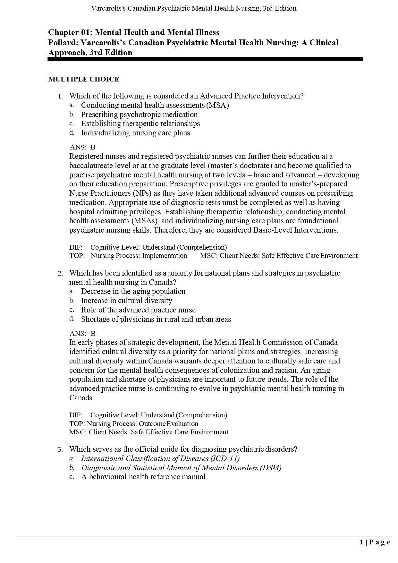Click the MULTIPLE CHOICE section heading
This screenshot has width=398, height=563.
[x=84, y=79]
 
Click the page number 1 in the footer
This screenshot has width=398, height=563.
[x=361, y=542]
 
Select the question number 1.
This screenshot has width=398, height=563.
[x=60, y=96]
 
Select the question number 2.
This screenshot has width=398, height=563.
[x=60, y=273]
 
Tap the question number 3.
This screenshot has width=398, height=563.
[x=60, y=449]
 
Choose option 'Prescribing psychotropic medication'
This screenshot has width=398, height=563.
[x=139, y=115]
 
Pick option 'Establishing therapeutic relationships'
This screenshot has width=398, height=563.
[x=140, y=124]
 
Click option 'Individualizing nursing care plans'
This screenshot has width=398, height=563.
[x=135, y=133]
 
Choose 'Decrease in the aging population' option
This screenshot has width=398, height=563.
[x=133, y=291]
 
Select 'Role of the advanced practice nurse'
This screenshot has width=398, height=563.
[x=138, y=310]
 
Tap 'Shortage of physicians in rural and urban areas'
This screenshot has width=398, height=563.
[x=156, y=319]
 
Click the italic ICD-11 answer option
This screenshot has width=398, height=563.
[x=160, y=458]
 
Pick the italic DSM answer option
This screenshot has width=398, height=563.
[x=181, y=468]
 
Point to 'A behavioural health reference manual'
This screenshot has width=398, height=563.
[x=143, y=477]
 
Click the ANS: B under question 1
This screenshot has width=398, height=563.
[x=82, y=147]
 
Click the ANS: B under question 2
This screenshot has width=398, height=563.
[x=82, y=333]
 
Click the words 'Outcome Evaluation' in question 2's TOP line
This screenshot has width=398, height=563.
[x=168, y=423]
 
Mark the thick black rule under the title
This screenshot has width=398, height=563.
[x=205, y=59]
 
